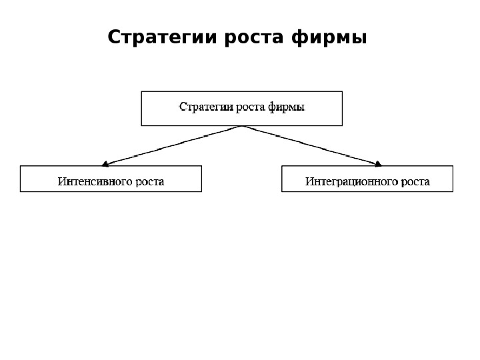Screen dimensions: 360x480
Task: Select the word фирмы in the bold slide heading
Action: (x=330, y=38)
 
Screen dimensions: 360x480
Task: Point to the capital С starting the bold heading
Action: (x=113, y=37)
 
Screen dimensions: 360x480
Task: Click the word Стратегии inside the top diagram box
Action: (x=206, y=107)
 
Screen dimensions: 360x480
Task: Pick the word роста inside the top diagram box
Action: (x=251, y=107)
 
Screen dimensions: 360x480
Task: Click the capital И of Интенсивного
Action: (x=61, y=181)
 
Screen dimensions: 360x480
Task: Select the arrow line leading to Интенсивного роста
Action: (x=173, y=144)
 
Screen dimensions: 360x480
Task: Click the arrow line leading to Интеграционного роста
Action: (x=310, y=144)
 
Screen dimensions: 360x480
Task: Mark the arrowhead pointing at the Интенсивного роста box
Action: (x=105, y=162)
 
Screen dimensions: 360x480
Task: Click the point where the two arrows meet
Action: (x=241, y=126)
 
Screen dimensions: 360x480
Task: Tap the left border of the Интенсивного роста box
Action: (x=20, y=179)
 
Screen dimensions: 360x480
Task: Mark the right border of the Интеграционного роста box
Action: (x=453, y=179)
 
